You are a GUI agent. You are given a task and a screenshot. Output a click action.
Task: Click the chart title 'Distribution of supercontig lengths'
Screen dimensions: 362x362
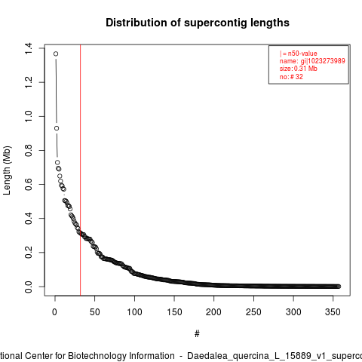[x=198, y=23]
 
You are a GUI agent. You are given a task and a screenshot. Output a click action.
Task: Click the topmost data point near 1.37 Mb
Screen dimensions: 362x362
[x=56, y=54]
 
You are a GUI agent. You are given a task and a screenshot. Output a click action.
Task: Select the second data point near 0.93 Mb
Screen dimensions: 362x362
[x=57, y=128]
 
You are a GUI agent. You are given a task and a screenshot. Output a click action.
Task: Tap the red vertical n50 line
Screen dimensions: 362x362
[x=80, y=170]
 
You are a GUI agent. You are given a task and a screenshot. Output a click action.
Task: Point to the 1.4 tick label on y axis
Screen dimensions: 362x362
[x=29, y=48]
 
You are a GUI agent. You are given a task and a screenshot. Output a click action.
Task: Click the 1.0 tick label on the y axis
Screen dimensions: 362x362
[x=29, y=116]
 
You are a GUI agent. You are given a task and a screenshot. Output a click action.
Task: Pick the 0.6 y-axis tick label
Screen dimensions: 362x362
[x=29, y=184]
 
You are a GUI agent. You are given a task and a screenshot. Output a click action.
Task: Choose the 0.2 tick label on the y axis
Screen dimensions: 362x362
[x=29, y=252]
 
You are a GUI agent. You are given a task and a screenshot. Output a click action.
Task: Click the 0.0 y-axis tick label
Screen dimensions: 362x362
[x=29, y=287]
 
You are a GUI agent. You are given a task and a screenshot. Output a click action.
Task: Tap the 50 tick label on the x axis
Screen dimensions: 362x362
[x=95, y=312]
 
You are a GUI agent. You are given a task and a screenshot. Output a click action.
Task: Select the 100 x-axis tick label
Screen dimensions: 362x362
[x=134, y=312]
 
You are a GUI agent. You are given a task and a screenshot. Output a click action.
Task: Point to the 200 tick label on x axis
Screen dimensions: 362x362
[x=213, y=312]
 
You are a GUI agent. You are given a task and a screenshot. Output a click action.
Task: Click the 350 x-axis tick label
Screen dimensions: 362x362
[x=333, y=312]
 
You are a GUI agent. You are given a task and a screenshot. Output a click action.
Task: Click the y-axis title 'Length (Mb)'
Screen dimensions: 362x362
[x=7, y=170]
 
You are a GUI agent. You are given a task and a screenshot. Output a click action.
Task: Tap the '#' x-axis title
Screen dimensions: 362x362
[x=197, y=334]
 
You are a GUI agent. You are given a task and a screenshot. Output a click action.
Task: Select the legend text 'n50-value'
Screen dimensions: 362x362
[x=302, y=54]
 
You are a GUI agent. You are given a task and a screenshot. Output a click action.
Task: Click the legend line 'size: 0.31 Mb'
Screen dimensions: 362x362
[x=299, y=69]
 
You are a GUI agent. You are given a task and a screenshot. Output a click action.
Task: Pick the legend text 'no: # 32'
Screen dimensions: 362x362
[x=291, y=77]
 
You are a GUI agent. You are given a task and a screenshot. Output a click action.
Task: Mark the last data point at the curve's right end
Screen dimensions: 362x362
[x=339, y=287]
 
